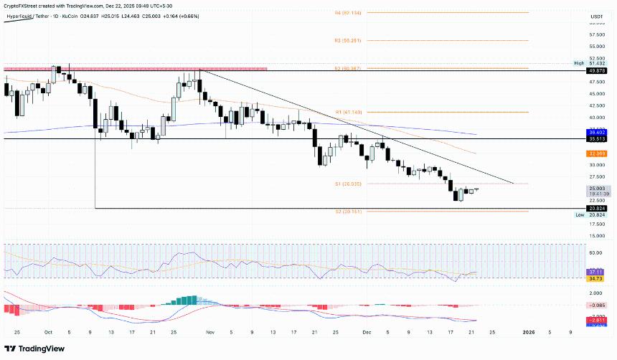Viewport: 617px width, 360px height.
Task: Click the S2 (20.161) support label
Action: click(348, 212)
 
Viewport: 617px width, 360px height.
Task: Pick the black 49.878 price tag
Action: click(596, 71)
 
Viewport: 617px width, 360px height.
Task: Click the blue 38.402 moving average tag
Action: click(596, 133)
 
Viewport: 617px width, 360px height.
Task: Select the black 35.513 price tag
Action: click(596, 140)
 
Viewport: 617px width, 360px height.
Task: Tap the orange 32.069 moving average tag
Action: click(596, 153)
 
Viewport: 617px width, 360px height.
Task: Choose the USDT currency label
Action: click(596, 16)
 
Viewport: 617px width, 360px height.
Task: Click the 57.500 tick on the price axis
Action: click(596, 35)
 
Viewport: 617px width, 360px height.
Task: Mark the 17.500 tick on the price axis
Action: click(596, 224)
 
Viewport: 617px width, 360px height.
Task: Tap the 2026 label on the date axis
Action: click(528, 333)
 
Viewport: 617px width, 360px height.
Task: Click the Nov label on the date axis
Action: click(210, 333)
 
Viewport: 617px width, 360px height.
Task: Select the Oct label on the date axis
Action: click(48, 333)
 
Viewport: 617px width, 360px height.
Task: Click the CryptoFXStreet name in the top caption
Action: click(20, 5)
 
